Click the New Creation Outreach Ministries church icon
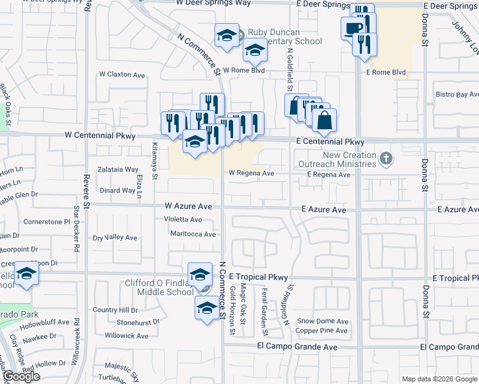coord(386,157)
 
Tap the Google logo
coord(21,376)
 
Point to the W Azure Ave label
coord(188,207)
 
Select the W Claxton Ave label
coord(122,75)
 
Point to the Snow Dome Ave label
coord(323,321)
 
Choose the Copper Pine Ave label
coord(321,331)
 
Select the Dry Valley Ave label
coord(115,238)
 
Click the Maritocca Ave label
coord(193,234)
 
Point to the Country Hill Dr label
coord(115,310)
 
